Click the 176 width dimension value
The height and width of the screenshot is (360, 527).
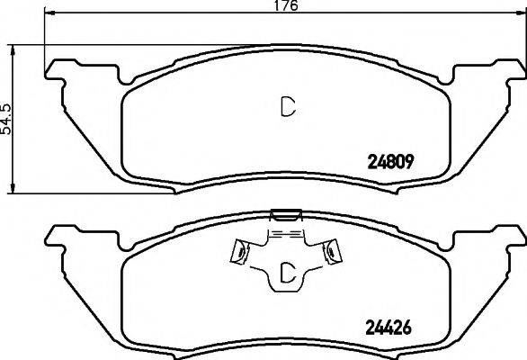[x=286, y=5]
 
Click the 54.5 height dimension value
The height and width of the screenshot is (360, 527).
[x=5, y=119]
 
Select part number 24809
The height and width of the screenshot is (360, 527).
[x=390, y=163]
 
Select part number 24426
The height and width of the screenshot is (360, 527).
[x=389, y=327]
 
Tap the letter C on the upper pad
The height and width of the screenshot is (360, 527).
[x=288, y=107]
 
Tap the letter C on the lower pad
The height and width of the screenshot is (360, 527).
[x=288, y=272]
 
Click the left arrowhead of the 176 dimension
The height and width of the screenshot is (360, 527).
[x=49, y=13]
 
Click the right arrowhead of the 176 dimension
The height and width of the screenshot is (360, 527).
[x=521, y=13]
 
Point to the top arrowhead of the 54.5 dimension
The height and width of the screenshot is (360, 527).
[x=13, y=49]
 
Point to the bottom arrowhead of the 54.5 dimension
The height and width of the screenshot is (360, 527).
[x=13, y=188]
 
